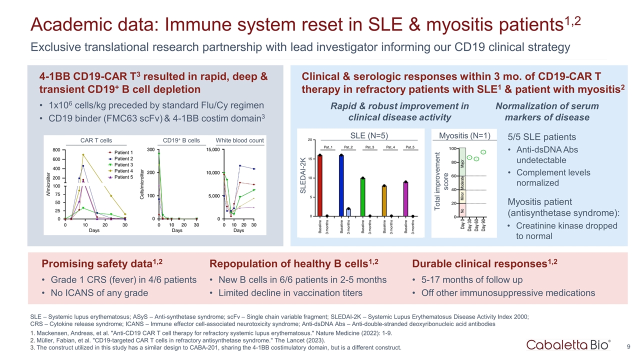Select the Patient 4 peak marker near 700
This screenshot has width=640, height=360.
[x=83, y=154]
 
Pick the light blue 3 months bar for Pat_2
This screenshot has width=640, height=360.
[x=348, y=212]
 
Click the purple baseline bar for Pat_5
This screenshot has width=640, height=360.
[x=405, y=199]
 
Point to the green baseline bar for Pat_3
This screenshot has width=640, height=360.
[x=362, y=197]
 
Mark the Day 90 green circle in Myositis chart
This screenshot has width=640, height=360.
[x=483, y=152]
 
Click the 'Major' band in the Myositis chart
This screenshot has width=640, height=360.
[x=462, y=161]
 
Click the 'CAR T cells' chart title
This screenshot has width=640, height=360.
[x=96, y=140]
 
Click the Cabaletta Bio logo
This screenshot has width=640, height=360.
[x=568, y=345]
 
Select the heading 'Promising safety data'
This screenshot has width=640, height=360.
[x=94, y=263]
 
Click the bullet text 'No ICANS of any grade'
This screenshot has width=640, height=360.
[x=99, y=293]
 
